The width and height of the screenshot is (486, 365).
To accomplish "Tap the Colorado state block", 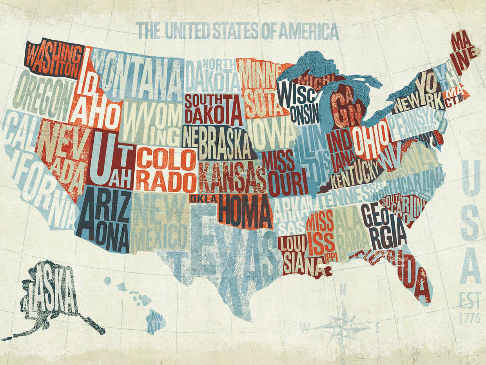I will (167, 169).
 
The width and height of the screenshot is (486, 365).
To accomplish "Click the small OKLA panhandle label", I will (203, 199).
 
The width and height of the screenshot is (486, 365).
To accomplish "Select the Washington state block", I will (55, 59).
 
